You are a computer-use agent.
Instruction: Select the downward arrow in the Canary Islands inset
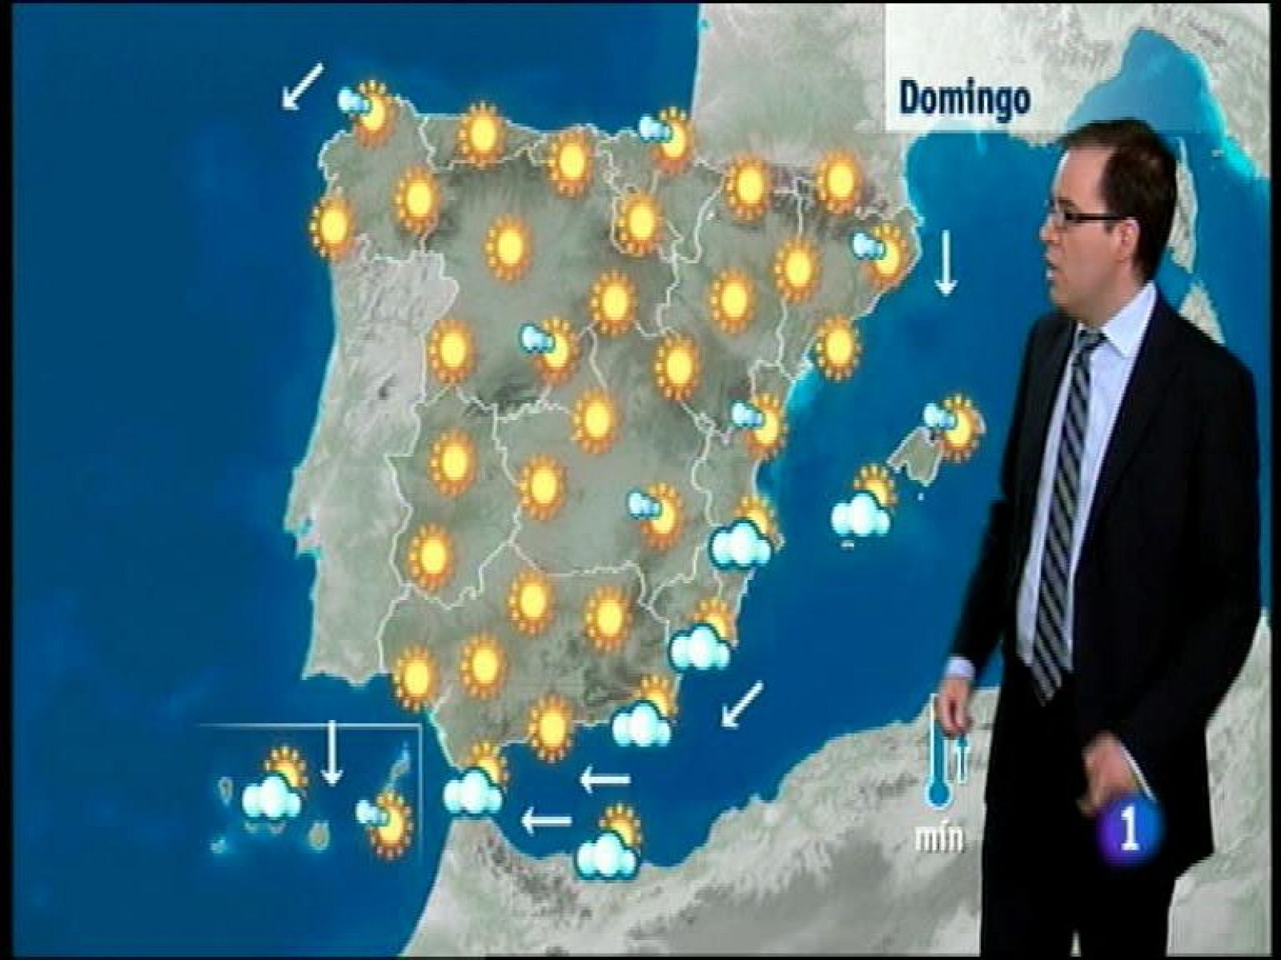331,751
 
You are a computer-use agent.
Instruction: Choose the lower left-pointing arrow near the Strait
547,820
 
